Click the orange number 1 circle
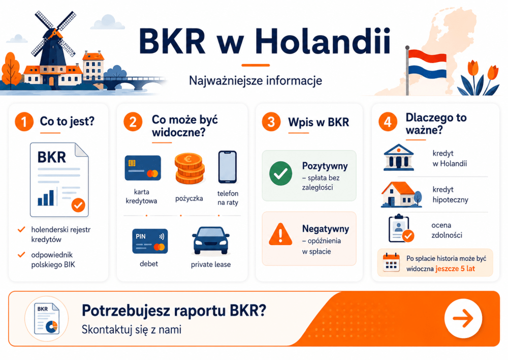24,122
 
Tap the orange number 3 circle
271,122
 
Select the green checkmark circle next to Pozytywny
280,173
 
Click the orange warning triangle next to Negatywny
280,234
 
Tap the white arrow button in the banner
463,318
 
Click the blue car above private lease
211,240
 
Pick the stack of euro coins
189,168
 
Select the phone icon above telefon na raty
228,167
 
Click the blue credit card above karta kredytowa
143,168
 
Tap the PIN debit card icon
150,241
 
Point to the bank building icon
398,158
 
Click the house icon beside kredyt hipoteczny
401,194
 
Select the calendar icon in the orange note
391,262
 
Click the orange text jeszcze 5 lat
455,268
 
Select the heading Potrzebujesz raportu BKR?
174,311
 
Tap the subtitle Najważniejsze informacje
256,81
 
